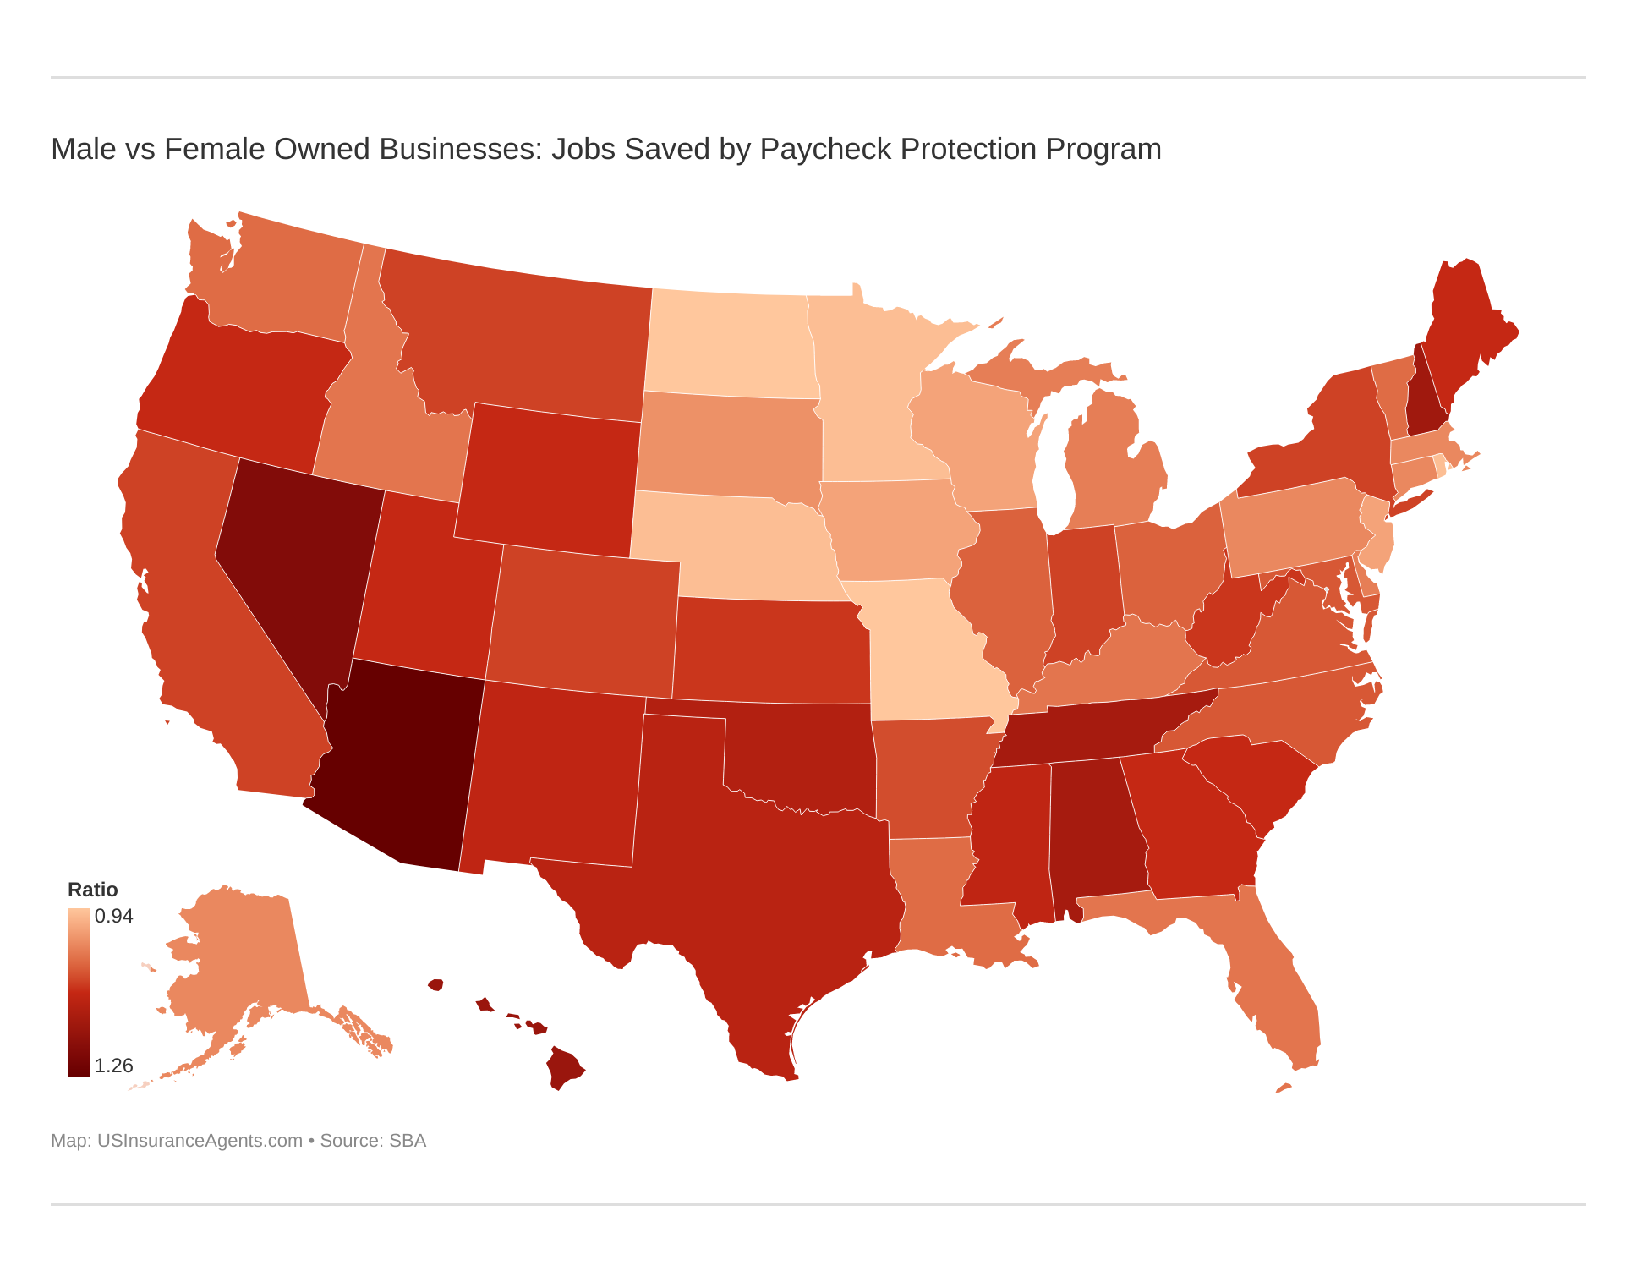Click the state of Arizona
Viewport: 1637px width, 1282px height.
tap(397, 761)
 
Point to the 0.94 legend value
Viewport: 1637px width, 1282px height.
tap(113, 917)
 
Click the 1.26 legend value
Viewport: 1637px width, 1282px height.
tap(113, 1066)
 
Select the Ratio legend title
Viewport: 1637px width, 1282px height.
tap(92, 890)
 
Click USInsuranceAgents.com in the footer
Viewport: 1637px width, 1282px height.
tap(200, 1141)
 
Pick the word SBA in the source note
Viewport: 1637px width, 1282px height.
tap(407, 1141)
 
